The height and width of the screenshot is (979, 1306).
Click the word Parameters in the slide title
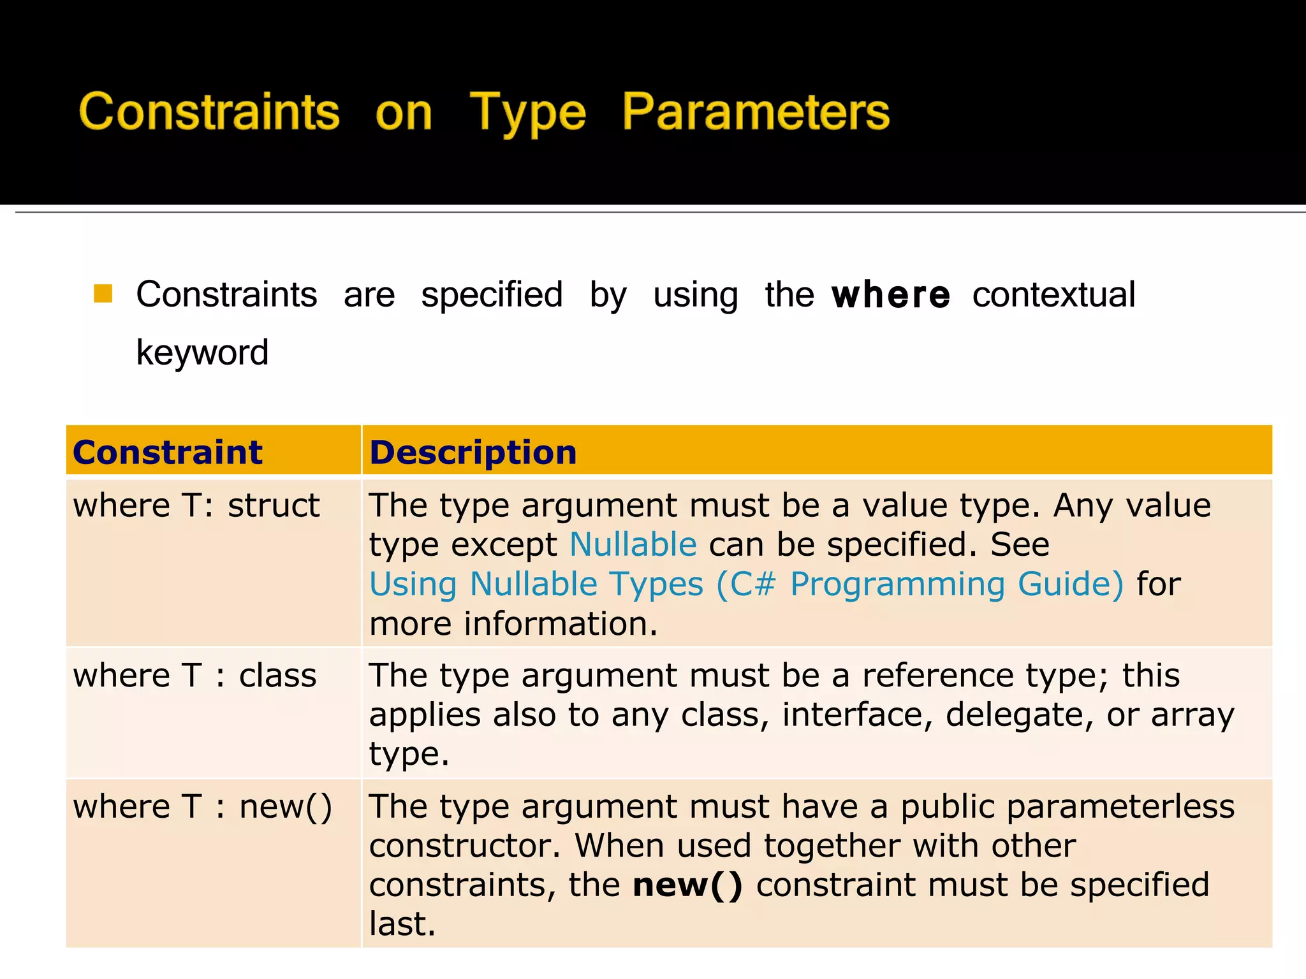(755, 112)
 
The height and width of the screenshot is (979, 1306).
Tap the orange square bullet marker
(103, 294)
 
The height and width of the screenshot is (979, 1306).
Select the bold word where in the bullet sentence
(890, 295)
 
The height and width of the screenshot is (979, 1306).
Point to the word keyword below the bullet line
(202, 353)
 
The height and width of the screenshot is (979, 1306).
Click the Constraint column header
(168, 453)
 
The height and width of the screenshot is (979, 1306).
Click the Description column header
(473, 453)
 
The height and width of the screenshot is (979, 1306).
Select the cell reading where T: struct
(196, 506)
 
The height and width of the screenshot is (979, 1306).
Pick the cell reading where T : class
(194, 676)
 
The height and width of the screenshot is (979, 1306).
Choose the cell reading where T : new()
(202, 807)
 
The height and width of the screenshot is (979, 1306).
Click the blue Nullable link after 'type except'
(633, 545)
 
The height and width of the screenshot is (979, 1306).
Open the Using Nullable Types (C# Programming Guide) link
(746, 584)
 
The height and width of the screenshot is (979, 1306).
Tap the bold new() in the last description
(687, 885)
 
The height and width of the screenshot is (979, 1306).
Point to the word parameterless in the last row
(1067, 807)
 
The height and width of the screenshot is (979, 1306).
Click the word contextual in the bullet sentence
(1053, 295)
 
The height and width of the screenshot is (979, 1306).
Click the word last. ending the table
(402, 925)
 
